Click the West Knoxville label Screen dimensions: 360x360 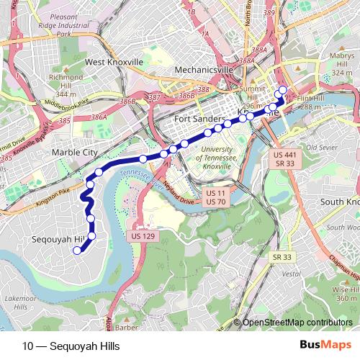pyautogui.click(x=114, y=62)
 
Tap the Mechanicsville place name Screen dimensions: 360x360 pyautogui.click(x=204, y=69)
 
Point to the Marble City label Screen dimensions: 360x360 pyautogui.click(x=74, y=153)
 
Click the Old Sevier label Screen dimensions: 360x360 pyautogui.click(x=321, y=148)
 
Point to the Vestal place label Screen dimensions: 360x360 pyautogui.click(x=291, y=274)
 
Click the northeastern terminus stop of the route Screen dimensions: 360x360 pyautogui.click(x=282, y=90)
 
